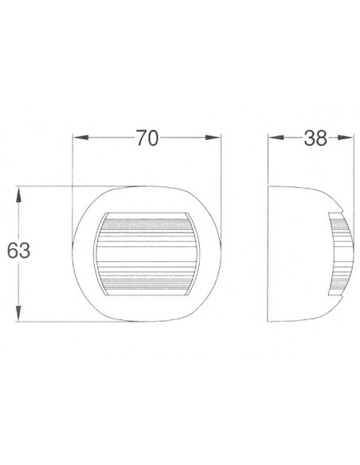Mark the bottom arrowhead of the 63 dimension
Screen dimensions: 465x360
pos(18,316)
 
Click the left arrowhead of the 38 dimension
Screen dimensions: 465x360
pos(272,139)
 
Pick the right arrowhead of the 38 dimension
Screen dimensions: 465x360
pos(347,139)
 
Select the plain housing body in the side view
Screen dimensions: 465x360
pos(299,255)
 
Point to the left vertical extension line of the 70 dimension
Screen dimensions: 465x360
pos(73,167)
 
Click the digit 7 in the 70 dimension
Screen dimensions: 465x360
pos(139,139)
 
